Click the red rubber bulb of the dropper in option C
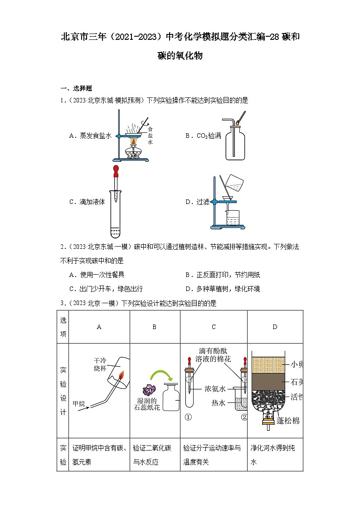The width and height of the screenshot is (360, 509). (x=117, y=171)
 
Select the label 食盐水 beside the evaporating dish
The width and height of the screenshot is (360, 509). (x=150, y=136)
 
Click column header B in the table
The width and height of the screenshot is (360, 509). (x=154, y=327)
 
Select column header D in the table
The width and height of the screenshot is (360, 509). (x=275, y=327)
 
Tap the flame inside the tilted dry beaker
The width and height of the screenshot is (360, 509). (x=122, y=375)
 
